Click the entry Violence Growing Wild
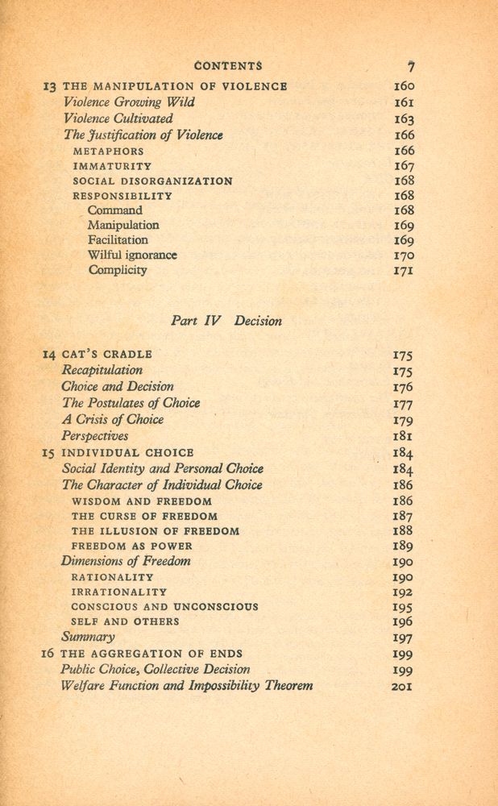pyautogui.click(x=129, y=102)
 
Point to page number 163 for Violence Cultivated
pyautogui.click(x=404, y=119)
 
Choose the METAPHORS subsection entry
pyautogui.click(x=108, y=151)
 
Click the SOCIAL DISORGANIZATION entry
pyautogui.click(x=152, y=181)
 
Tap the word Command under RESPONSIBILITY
pyautogui.click(x=114, y=210)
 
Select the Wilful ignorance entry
pyautogui.click(x=132, y=255)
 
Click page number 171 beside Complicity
pyautogui.click(x=404, y=270)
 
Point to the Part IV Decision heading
pyautogui.click(x=226, y=321)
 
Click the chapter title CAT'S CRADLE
pyautogui.click(x=107, y=354)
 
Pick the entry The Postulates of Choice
pyautogui.click(x=131, y=403)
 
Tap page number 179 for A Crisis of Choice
pyautogui.click(x=403, y=419)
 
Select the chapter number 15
pyautogui.click(x=48, y=453)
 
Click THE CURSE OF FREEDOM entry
pyautogui.click(x=144, y=516)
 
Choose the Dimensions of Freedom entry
pyautogui.click(x=127, y=561)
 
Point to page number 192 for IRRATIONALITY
pyautogui.click(x=403, y=592)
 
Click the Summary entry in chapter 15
pyautogui.click(x=88, y=637)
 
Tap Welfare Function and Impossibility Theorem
pyautogui.click(x=187, y=686)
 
